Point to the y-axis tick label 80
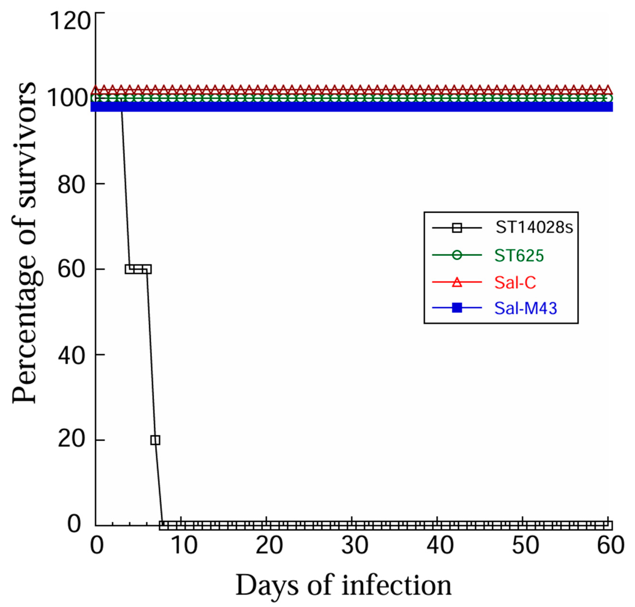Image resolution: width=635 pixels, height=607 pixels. pyautogui.click(x=71, y=185)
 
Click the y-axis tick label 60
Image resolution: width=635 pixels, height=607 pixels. pyautogui.click(x=71, y=269)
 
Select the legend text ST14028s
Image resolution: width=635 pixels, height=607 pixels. pyautogui.click(x=534, y=228)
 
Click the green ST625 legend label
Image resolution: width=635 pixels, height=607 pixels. pyautogui.click(x=519, y=256)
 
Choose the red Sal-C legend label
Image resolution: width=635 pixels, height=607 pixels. pyautogui.click(x=515, y=282)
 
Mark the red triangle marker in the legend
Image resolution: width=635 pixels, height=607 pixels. pyautogui.click(x=457, y=282)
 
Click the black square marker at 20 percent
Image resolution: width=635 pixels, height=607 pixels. pyautogui.click(x=155, y=440)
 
